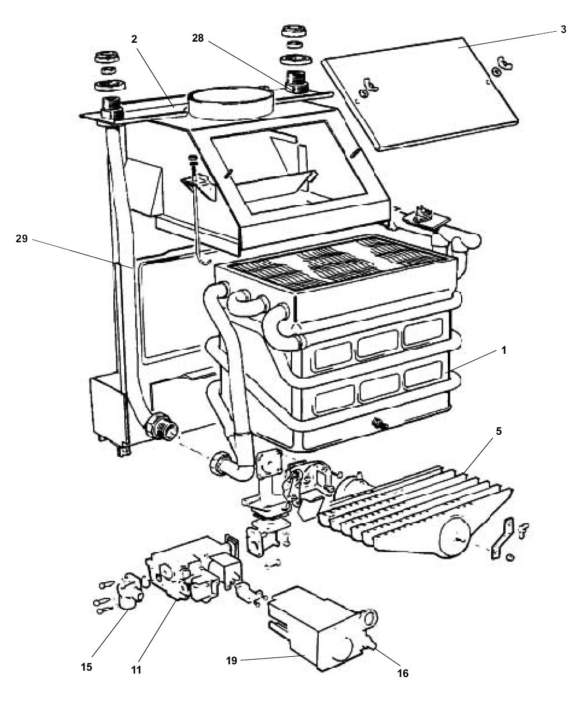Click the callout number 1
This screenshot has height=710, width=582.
click(x=503, y=350)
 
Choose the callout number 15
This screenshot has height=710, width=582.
click(x=87, y=666)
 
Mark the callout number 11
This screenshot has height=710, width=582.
click(x=136, y=670)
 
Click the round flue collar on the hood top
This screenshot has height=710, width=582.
click(x=230, y=101)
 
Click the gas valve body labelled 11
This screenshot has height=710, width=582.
click(x=174, y=572)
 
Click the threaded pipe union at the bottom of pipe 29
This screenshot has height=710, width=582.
click(x=159, y=426)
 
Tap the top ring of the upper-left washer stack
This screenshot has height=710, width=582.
click(x=108, y=57)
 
